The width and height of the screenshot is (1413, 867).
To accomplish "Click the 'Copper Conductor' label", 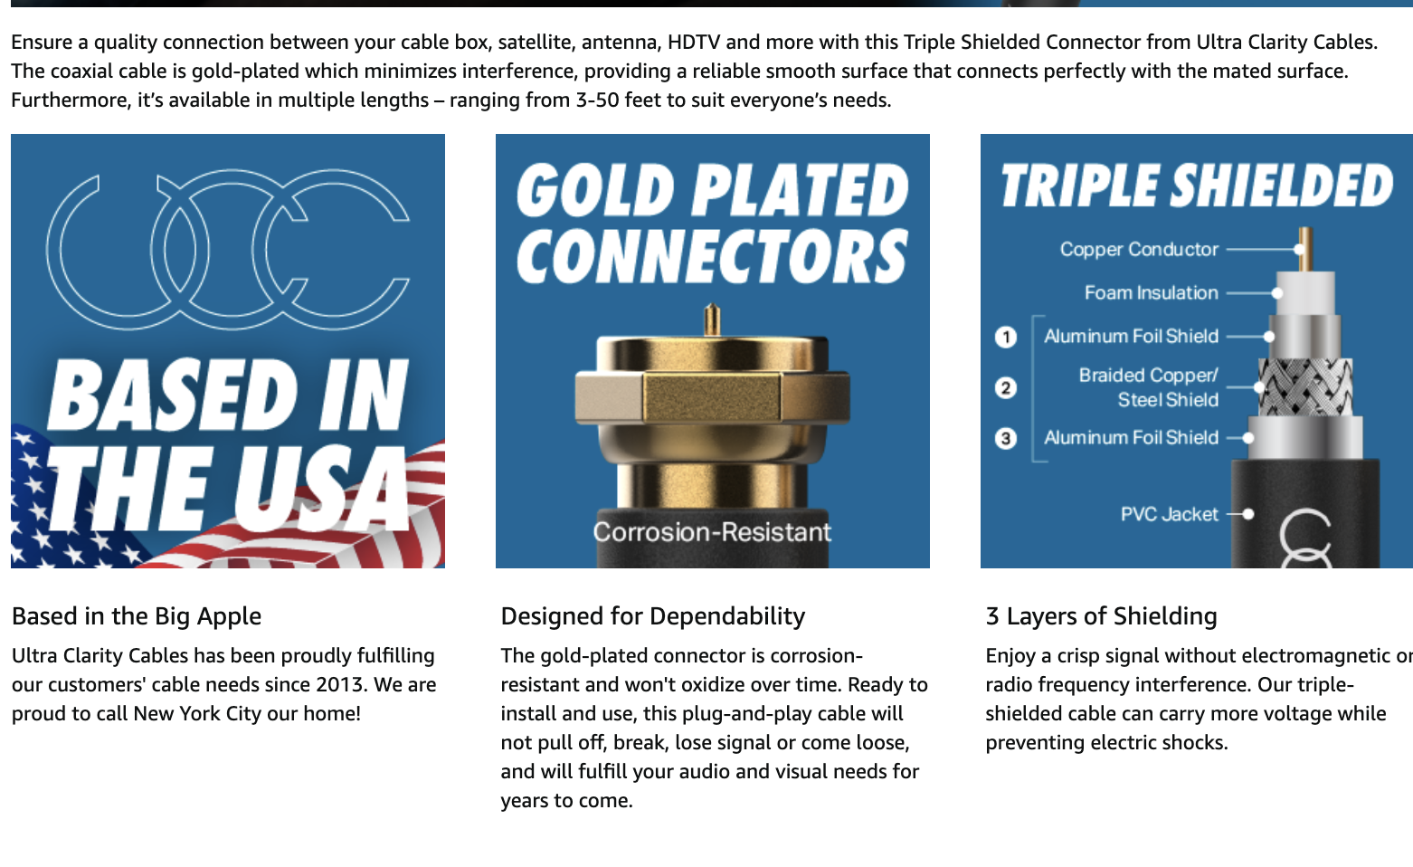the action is coord(1139,249).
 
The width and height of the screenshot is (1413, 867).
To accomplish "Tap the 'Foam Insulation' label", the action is coord(1152,293).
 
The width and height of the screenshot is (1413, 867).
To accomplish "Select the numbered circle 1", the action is coord(1006,337).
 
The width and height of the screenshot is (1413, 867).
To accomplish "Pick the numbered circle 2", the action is coord(1006,387).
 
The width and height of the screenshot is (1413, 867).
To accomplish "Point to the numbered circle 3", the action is coord(1006,438).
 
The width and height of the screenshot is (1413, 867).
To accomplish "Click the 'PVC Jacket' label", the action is coord(1169,514).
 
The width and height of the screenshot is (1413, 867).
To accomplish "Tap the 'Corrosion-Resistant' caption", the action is coord(712,532).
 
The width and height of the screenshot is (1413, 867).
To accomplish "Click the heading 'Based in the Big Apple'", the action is coord(137,616).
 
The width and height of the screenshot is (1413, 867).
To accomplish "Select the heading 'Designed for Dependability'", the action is coord(653,616).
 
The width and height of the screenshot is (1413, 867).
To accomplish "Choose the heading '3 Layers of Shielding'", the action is coord(1102,616).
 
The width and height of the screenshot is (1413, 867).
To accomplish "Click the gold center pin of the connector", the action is coord(712,319).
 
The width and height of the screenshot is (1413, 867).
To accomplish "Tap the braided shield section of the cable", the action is coord(1305,386).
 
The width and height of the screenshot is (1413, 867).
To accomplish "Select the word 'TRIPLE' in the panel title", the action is coord(1078,186).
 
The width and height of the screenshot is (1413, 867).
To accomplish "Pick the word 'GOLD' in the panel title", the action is coord(595,190).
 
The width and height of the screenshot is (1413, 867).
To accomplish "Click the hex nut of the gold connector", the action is coord(712,397).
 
